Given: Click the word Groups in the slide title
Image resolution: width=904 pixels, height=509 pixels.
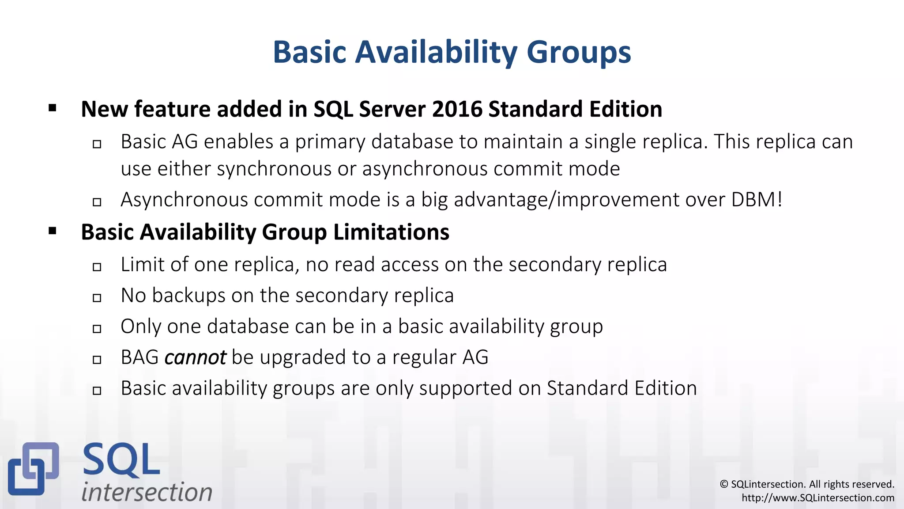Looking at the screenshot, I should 579,53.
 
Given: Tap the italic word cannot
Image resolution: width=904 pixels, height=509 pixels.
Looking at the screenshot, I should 195,357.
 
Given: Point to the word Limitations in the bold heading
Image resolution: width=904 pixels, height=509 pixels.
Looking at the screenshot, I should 391,232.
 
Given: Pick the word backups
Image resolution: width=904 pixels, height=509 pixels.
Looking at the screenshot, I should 188,296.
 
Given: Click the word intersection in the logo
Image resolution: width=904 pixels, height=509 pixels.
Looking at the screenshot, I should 147,492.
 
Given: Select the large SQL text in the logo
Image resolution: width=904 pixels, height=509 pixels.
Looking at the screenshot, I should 121,460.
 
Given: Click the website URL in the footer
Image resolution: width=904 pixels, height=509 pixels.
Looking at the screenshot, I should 818,498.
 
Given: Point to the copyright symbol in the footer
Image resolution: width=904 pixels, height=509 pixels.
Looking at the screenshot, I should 724,484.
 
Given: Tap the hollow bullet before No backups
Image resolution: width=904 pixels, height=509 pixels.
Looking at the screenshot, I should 97,298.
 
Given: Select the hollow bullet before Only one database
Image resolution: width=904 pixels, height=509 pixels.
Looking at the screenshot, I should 97,329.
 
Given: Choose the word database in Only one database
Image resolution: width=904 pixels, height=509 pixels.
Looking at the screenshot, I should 248,327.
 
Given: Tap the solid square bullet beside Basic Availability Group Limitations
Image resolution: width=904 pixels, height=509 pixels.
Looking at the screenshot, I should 53,231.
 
